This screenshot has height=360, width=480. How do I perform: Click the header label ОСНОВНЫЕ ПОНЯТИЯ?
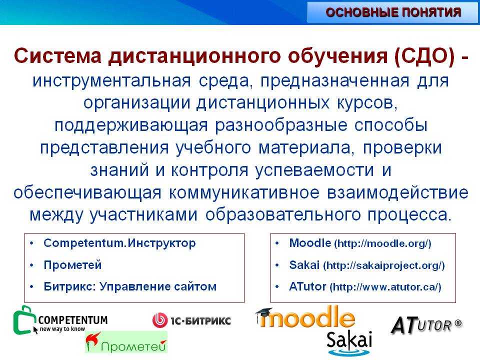pos(393,12)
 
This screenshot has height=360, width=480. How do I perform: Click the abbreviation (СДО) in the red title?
pos(424,56)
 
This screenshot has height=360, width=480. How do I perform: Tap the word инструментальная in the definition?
pos(111,81)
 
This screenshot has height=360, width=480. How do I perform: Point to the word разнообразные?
pos(281,125)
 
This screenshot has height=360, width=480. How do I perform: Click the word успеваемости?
pos(315,170)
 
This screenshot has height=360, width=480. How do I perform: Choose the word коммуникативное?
pos(244,193)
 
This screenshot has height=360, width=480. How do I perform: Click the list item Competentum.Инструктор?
pos(119,243)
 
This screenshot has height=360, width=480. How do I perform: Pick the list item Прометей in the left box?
pos(72,265)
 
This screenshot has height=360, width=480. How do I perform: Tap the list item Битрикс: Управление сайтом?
pos(130,286)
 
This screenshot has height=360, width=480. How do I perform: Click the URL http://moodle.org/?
pos(382,243)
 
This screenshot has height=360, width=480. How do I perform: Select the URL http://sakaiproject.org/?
pos(384,265)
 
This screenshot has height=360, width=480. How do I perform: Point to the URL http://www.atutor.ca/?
pos(385,287)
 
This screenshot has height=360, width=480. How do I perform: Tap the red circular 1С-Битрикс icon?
pos(160,320)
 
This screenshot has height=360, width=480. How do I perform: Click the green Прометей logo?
pos(126,342)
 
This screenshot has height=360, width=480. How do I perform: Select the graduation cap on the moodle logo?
pos(264,312)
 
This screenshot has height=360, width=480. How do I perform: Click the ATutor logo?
pos(426,325)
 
